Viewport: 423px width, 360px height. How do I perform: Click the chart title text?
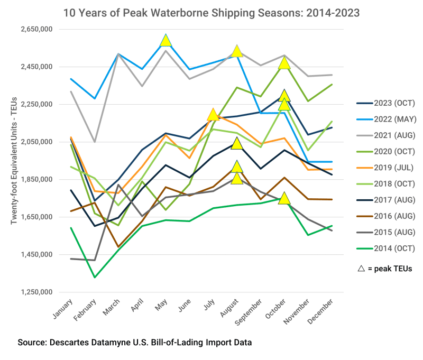click(x=212, y=12)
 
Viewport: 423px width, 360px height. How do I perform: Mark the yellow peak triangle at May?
click(x=166, y=41)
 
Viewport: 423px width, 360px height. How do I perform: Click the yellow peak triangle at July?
click(x=213, y=115)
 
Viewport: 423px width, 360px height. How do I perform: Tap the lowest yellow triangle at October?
click(x=284, y=198)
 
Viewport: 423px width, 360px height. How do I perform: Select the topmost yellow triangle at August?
click(x=237, y=51)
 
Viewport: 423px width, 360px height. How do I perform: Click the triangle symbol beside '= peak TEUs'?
click(x=361, y=269)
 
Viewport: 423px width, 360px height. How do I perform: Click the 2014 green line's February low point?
click(x=95, y=277)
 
